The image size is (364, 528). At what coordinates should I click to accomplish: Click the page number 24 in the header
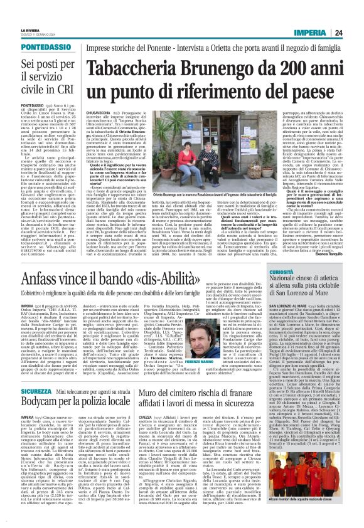click(x=354, y=15)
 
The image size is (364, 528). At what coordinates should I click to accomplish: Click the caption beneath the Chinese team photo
click(x=322, y=515)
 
